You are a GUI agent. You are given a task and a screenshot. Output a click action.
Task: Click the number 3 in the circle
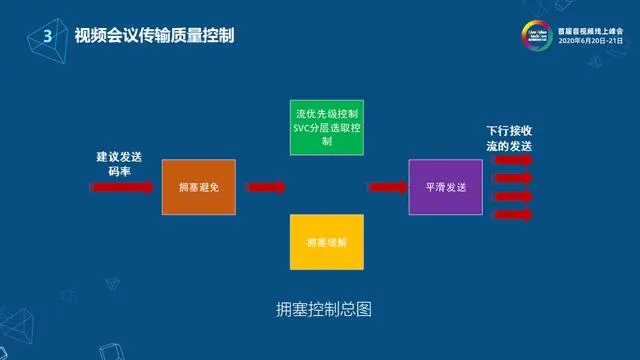[47, 36]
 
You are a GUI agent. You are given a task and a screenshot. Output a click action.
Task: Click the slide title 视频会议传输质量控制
[156, 36]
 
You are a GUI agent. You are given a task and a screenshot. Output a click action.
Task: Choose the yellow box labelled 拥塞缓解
[325, 242]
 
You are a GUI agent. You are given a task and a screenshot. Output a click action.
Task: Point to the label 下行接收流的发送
[509, 139]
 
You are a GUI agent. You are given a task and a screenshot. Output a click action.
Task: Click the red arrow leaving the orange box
[265, 186]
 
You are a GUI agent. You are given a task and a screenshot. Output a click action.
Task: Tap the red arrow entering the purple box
[387, 186]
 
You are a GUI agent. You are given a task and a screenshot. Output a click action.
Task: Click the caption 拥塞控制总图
[323, 309]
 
